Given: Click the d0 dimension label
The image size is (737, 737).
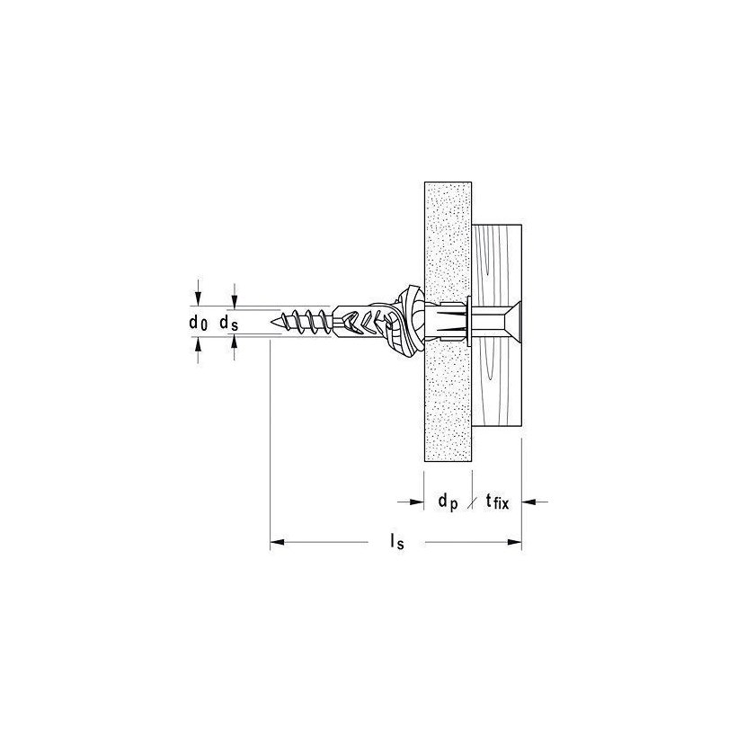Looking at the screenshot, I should (x=199, y=322).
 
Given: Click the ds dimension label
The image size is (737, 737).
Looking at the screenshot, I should (x=228, y=322).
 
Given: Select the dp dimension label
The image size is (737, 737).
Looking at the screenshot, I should (x=448, y=504).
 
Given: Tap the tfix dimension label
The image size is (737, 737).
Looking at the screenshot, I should (x=496, y=503).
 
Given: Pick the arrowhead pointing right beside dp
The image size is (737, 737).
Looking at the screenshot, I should (x=416, y=503).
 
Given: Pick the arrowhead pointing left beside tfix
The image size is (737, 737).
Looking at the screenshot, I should (x=529, y=503).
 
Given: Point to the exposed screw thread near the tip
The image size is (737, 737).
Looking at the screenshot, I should (x=306, y=321).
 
